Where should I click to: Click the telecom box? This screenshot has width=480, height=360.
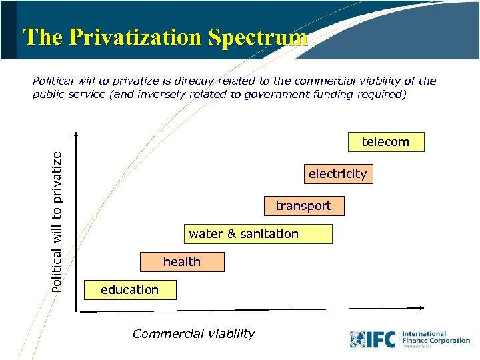(385, 142)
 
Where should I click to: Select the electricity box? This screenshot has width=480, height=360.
(337, 174)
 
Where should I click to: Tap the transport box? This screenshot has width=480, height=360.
(303, 206)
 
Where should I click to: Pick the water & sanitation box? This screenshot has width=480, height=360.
(259, 234)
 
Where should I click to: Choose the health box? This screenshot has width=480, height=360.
(182, 262)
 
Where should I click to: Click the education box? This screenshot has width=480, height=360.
(130, 290)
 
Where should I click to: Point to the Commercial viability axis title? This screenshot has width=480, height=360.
(193, 334)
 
